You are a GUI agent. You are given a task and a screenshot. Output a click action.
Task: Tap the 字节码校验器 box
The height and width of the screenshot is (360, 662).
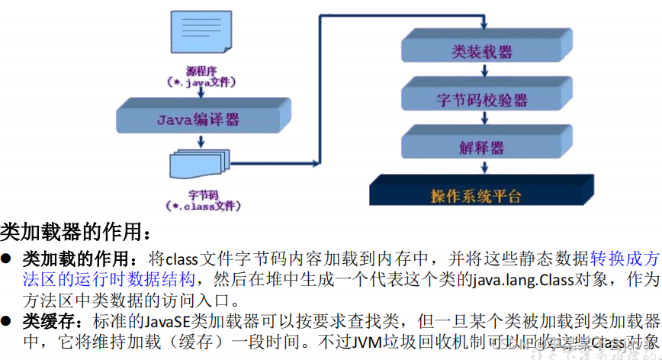coord(482,100)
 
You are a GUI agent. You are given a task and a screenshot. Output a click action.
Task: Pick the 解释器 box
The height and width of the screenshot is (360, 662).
coord(481,147)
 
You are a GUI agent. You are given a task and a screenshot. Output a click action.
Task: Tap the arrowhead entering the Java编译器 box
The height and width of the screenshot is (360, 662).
coord(200,96)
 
